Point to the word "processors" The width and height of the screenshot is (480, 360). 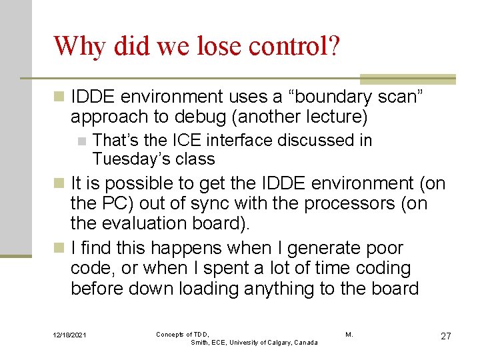pos(347,203)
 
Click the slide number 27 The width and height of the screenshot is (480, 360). pos(445,336)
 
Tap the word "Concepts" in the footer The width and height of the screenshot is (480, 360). pos(171,334)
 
